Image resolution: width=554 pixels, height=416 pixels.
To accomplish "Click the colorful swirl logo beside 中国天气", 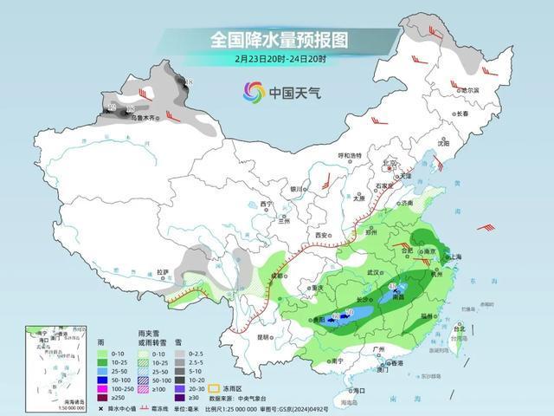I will click(x=254, y=92).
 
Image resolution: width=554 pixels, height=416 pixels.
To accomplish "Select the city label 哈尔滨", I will click(x=469, y=89).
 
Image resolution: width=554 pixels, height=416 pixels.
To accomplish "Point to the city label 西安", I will click(x=322, y=236).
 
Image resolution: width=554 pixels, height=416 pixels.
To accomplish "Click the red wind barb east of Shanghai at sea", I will click(x=486, y=227).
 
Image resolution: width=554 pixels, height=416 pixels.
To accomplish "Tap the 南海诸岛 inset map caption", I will click(x=55, y=400).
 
